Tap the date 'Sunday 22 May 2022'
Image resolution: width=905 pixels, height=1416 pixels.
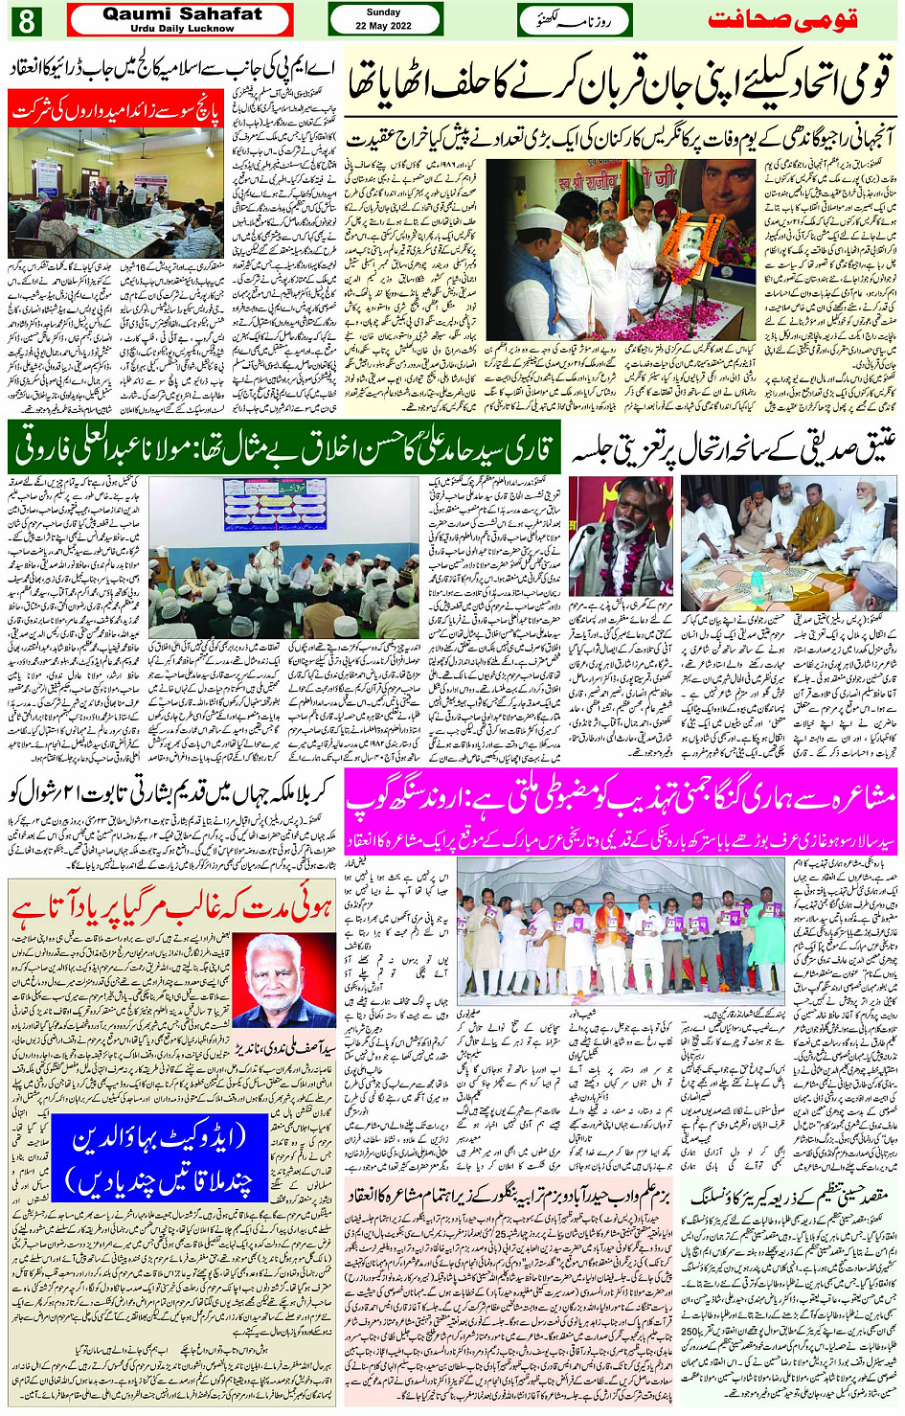pos(384,19)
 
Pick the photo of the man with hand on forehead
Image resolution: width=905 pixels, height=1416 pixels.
pos(622,537)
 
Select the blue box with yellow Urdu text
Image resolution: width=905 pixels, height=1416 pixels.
pos(159,1159)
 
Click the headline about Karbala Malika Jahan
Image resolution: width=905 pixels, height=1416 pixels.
pos(171,790)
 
